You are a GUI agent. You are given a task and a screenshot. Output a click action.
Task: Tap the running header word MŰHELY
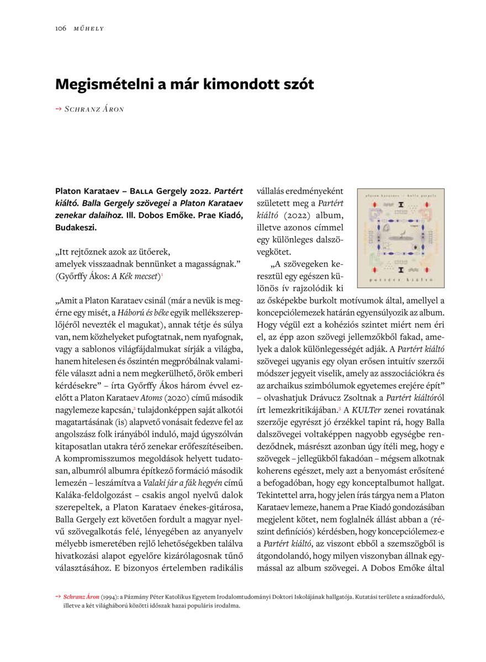[x=89, y=28]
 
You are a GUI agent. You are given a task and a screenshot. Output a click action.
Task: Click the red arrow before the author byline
[x=58, y=109]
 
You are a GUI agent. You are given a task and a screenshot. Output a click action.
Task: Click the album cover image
[x=400, y=238]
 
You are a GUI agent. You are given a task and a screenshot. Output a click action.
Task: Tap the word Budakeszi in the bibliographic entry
[x=76, y=227]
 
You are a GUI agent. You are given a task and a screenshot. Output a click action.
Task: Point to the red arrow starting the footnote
[x=58, y=597]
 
